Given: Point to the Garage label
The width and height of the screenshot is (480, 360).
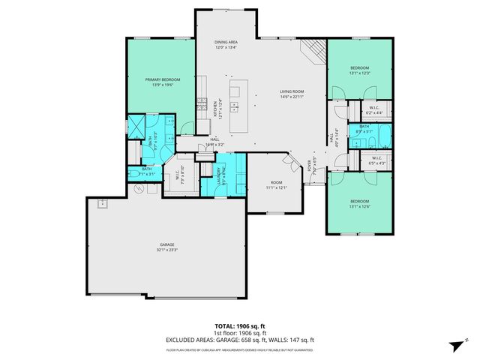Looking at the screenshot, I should (x=166, y=245).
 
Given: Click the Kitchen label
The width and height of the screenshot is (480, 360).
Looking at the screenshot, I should (x=216, y=109).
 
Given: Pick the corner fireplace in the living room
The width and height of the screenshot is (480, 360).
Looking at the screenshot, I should (x=313, y=53).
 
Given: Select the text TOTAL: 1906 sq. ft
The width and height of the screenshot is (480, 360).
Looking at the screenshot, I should (x=240, y=326).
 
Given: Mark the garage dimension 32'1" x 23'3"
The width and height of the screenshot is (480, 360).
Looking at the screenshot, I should (x=166, y=250).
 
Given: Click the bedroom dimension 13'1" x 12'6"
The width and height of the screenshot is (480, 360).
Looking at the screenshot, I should (x=359, y=205).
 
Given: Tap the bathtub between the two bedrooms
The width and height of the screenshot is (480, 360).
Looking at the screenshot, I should (x=382, y=136).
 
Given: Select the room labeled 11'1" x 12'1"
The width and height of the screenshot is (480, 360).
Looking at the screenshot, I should (x=276, y=187).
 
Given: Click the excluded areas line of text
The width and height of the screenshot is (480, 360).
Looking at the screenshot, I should (x=240, y=340).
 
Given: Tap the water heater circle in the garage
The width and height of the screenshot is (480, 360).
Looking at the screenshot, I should (x=139, y=189).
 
